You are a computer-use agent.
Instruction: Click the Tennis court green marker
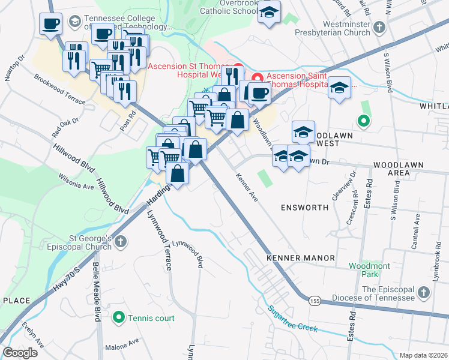point(119,317)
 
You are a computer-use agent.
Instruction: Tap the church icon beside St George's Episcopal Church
point(121,242)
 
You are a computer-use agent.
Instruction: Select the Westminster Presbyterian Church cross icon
point(379,28)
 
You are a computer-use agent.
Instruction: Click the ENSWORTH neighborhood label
point(304,208)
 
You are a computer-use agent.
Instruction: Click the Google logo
point(20,353)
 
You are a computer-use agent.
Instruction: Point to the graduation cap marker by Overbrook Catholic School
point(270,11)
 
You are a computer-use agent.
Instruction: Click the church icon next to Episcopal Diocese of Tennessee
point(424,292)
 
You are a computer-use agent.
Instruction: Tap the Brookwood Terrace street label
point(60,89)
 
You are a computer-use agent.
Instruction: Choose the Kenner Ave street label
point(247,188)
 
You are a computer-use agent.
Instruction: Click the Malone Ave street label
point(122,347)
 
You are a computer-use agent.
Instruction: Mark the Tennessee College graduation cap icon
point(75,22)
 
